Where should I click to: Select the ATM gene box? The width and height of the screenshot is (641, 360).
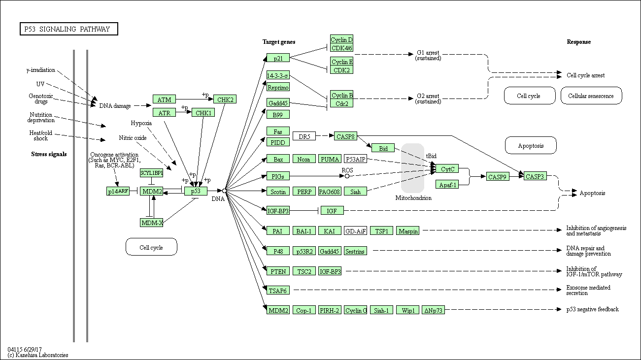tap(164, 99)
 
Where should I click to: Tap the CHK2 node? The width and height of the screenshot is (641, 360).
tap(225, 99)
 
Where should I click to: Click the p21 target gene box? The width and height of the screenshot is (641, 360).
tap(278, 58)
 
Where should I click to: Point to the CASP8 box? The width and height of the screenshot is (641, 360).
tap(345, 136)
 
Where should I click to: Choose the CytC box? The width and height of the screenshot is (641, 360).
tap(447, 169)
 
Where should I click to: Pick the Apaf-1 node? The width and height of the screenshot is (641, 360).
tap(447, 184)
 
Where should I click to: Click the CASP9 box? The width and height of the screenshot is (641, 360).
tap(498, 176)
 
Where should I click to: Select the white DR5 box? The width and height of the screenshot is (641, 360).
tap(304, 136)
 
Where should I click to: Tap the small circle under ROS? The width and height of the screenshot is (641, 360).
tap(347, 176)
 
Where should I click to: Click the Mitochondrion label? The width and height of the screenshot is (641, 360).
tap(413, 198)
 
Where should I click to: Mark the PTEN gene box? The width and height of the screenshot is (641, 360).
tap(278, 271)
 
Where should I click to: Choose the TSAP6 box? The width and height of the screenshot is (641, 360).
tap(278, 291)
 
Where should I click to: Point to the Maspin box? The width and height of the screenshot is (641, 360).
tap(408, 231)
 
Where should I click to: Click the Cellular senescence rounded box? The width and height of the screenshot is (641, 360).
tap(591, 96)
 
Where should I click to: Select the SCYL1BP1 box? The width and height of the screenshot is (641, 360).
tap(152, 173)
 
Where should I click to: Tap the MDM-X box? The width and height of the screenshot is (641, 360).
tap(152, 223)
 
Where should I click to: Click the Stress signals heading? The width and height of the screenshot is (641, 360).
tap(49, 154)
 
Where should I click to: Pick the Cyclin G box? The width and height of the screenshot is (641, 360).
tap(356, 310)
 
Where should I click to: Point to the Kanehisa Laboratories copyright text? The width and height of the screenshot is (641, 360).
tap(38, 355)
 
